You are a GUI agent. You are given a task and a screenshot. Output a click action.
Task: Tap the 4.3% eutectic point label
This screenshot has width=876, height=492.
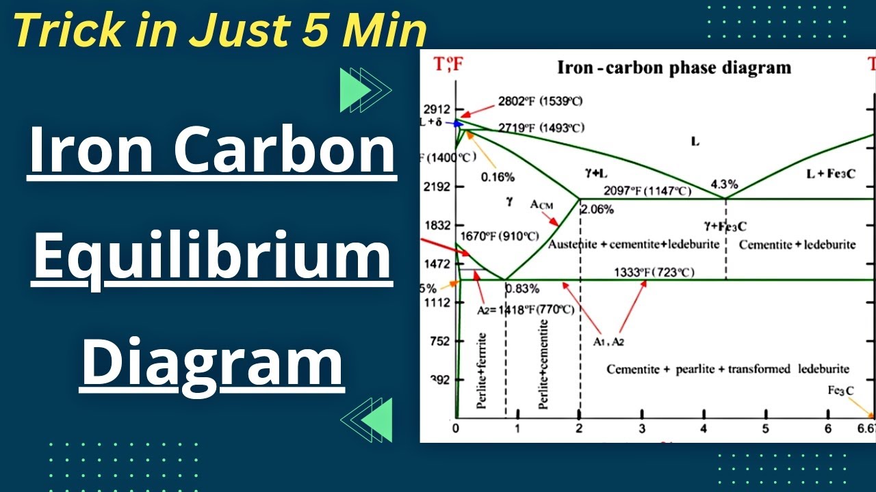click(724, 184)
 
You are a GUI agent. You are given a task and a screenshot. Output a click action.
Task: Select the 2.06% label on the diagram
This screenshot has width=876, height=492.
click(597, 210)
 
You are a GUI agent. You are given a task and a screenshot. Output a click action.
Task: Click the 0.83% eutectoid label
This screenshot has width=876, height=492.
click(522, 288)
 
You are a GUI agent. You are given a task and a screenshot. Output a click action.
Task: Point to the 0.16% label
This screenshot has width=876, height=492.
click(498, 176)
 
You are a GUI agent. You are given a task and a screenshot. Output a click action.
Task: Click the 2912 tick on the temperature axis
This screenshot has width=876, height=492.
click(437, 109)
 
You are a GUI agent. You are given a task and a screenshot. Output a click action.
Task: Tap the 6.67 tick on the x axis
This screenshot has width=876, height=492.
click(866, 428)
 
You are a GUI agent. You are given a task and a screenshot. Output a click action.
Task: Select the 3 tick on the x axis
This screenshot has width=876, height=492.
click(642, 428)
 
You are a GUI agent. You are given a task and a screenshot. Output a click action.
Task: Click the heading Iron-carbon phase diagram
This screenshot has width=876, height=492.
click(674, 68)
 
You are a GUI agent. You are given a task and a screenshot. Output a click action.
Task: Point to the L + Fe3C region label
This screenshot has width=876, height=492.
click(831, 174)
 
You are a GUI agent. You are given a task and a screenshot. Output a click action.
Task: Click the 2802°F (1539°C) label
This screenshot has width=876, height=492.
click(540, 101)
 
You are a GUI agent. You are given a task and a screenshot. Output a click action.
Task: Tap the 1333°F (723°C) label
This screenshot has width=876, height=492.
click(654, 273)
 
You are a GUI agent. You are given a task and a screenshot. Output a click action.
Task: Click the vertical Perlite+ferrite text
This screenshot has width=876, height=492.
click(482, 370)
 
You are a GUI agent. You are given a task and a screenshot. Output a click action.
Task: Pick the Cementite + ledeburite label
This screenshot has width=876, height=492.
click(797, 244)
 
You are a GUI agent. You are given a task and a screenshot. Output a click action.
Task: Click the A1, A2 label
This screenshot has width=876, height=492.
click(608, 341)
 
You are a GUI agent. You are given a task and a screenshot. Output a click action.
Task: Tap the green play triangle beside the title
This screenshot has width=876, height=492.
click(354, 90)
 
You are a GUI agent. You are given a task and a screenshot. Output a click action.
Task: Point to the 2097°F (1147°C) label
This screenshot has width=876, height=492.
click(647, 191)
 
